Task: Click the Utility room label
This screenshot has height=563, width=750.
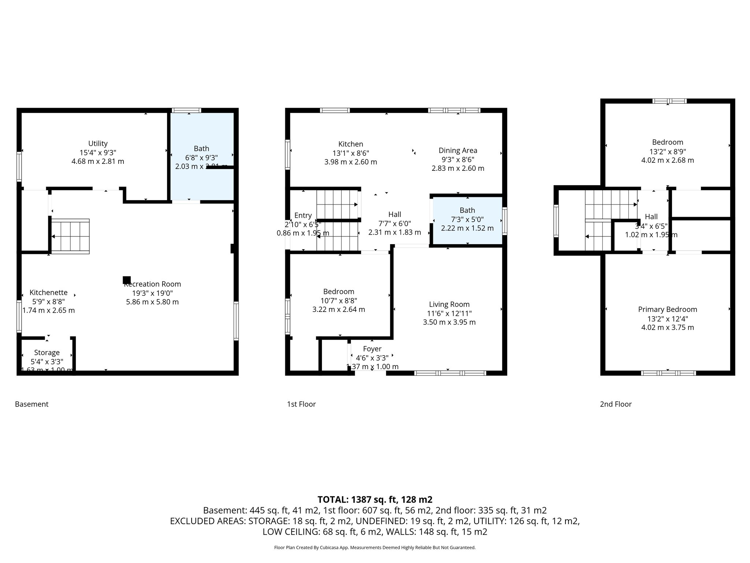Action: (98, 144)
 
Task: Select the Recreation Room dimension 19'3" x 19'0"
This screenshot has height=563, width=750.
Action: (152, 293)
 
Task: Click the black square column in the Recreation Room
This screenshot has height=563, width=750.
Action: (127, 280)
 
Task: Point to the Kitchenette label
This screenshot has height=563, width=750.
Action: (48, 292)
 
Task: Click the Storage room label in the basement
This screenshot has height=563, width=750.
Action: (47, 353)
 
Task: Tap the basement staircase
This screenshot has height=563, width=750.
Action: (70, 236)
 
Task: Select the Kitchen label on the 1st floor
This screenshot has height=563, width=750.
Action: (350, 144)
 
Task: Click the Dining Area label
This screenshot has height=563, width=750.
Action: (458, 150)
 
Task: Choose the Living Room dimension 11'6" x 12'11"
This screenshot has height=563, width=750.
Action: (449, 313)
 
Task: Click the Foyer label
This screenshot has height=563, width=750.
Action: (372, 349)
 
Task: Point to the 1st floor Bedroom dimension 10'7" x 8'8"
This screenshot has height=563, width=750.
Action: (338, 301)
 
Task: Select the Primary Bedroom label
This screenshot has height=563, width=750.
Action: (667, 309)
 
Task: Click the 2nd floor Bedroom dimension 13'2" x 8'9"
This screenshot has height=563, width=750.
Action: (667, 151)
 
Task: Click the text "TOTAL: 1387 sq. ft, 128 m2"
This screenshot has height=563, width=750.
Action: (375, 500)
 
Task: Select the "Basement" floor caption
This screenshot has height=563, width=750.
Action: (31, 404)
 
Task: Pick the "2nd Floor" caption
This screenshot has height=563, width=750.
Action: (616, 404)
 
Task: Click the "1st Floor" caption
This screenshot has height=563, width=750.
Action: (301, 404)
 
